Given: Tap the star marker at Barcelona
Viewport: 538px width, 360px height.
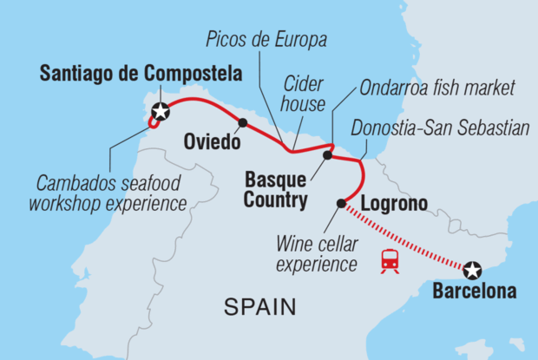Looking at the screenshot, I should point(471,269).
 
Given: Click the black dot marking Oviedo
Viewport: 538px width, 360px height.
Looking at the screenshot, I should point(242,122).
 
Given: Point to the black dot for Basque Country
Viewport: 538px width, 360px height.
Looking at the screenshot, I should point(327,156).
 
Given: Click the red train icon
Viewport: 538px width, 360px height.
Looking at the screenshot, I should point(390,259).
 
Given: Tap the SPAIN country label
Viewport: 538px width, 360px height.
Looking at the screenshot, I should point(259,306).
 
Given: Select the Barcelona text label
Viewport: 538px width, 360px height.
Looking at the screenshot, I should point(473,291).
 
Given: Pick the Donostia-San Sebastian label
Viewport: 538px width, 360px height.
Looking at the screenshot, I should point(440,128).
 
